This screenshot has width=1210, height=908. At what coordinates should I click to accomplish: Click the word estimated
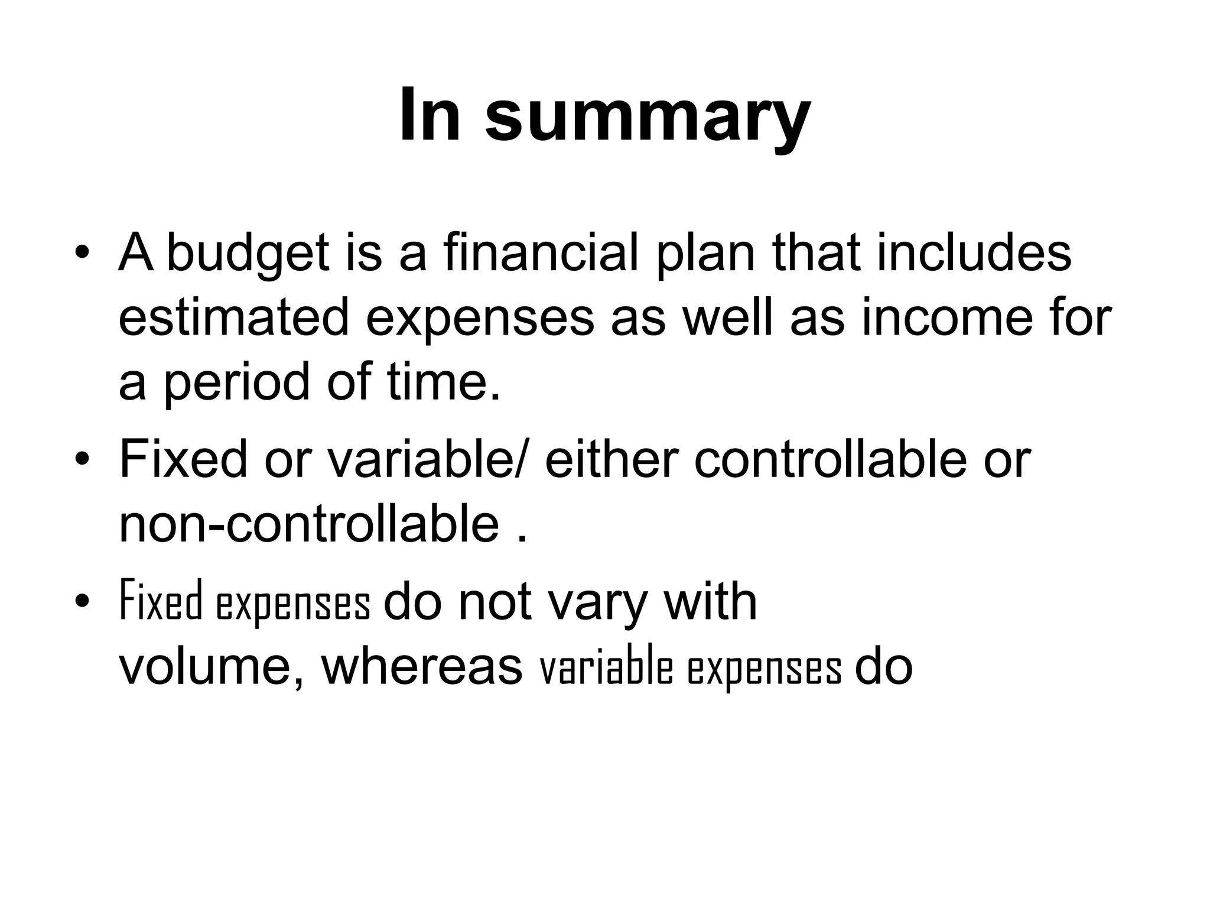click(x=234, y=318)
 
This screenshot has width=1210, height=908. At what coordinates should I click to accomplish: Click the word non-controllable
click(x=309, y=523)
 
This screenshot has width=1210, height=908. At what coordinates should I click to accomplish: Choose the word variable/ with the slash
click(x=425, y=459)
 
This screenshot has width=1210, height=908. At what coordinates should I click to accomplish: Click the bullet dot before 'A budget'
click(x=82, y=254)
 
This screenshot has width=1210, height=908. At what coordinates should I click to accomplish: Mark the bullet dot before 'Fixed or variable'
click(x=82, y=459)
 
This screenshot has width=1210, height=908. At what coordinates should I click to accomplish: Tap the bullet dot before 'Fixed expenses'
click(x=82, y=602)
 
